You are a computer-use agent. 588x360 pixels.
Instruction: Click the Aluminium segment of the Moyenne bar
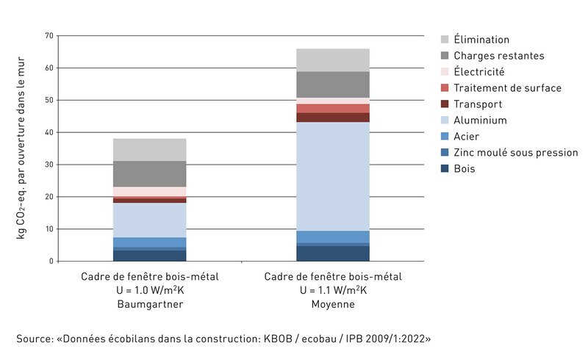333,176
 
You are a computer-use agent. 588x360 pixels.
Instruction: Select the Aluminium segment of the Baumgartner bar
149,220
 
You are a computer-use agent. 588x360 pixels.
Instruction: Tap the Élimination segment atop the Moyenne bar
333,60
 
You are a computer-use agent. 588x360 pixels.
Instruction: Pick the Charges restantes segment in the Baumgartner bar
149,174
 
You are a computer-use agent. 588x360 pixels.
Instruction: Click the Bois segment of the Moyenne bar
333,253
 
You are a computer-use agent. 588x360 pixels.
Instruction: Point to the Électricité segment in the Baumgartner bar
149,192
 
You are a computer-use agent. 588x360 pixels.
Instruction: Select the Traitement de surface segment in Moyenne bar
333,108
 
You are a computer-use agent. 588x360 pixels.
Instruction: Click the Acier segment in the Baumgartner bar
149,242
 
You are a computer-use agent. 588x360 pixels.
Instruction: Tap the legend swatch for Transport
445,104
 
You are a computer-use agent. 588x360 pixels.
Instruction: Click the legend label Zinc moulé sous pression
515,153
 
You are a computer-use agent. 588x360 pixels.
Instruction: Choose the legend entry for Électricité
478,72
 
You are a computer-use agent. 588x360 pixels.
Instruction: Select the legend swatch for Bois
445,169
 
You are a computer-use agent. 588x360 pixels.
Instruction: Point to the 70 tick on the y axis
49,35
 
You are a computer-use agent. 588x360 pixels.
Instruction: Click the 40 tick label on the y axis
49,132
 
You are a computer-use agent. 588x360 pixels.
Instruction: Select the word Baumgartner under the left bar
149,304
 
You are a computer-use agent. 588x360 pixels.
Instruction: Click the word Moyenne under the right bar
333,304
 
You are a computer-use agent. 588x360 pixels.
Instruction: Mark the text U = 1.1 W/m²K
333,290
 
